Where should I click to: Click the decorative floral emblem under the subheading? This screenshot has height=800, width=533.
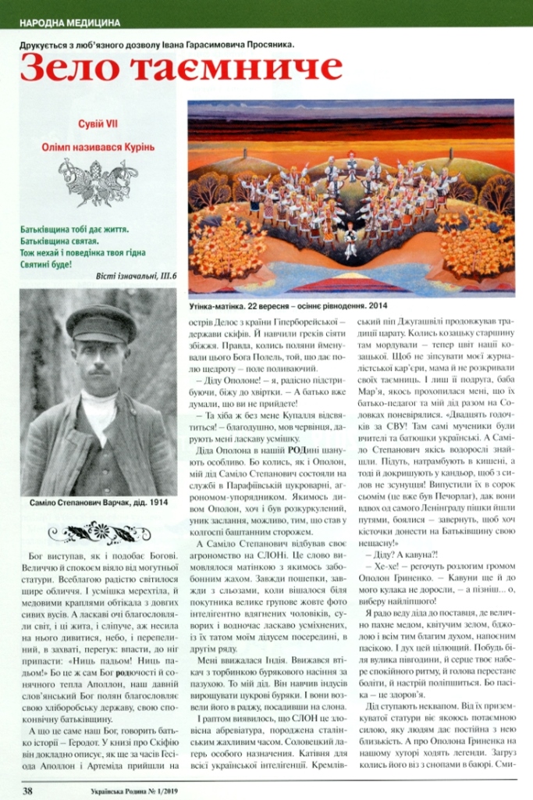98,181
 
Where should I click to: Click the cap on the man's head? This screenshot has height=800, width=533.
100,321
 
